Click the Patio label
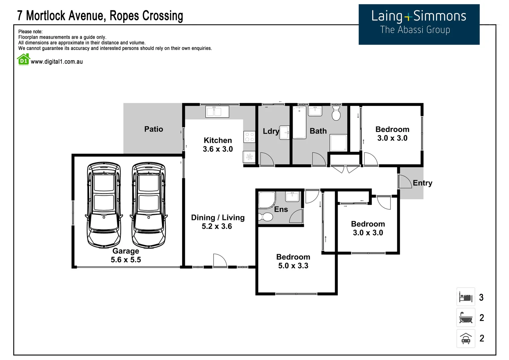click(x=154, y=129)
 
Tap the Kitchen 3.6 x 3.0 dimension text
click(x=218, y=149)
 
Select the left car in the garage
click(x=104, y=205)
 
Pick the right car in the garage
click(x=149, y=205)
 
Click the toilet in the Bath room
click(x=336, y=113)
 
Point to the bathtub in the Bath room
click(x=299, y=122)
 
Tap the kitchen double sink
click(x=217, y=112)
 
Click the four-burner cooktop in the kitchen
click(x=249, y=137)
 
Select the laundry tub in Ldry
click(x=284, y=132)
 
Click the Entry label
click(x=422, y=183)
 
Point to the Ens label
click(x=281, y=209)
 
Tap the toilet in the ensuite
click(x=265, y=217)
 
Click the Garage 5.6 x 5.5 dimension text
click(x=126, y=259)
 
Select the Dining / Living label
click(x=218, y=218)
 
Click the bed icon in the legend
click(x=466, y=297)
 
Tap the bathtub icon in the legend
click(x=466, y=317)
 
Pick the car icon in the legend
click(x=466, y=338)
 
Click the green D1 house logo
click(x=23, y=60)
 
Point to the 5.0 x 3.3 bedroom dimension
click(x=293, y=266)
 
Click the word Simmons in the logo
click(x=439, y=16)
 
